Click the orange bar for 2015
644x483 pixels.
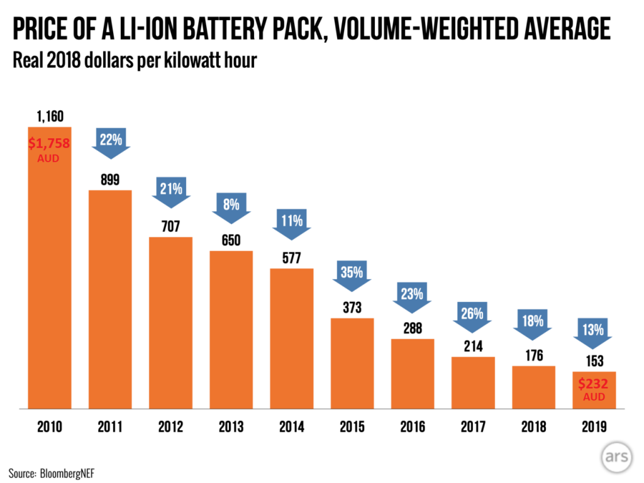point(352,363)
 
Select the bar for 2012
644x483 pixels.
point(170,323)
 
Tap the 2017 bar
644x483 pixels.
point(473,382)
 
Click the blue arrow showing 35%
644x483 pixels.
point(352,274)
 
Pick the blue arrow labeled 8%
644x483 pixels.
point(231,206)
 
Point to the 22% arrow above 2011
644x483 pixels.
point(110,143)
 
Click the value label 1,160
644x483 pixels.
point(50,116)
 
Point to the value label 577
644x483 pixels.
point(291,258)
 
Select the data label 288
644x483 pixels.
point(413,328)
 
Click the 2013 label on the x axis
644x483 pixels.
point(231,427)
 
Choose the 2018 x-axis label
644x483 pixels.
point(533,427)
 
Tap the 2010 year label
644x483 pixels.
point(50,427)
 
